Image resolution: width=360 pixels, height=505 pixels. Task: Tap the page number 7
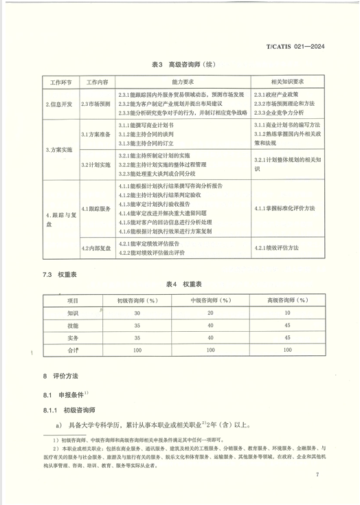(x=317, y=475)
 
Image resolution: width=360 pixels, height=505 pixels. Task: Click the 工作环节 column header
(x=60, y=81)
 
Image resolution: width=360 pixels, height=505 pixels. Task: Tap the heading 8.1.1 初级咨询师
(x=71, y=409)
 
